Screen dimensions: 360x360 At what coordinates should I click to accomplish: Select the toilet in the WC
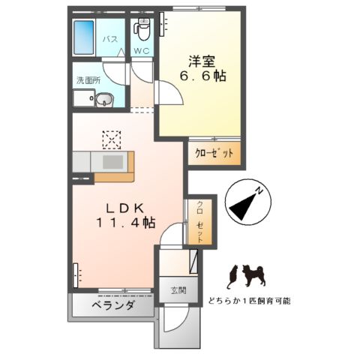(x=141, y=28)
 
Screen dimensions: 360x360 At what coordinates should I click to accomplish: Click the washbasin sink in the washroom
(x=103, y=98)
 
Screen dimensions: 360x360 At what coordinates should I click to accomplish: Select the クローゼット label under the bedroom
(x=214, y=153)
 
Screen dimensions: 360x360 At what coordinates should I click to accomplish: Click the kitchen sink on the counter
(x=112, y=162)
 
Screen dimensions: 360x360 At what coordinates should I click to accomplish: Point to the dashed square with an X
(x=111, y=139)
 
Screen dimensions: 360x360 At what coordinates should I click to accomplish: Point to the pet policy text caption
(x=248, y=301)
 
